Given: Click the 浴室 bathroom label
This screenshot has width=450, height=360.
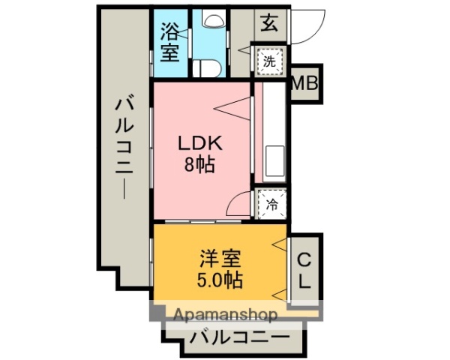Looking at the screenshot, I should point(170,43).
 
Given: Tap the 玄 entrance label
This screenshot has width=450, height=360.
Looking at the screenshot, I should point(269,22).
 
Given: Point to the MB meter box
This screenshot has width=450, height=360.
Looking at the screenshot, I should point(304,84).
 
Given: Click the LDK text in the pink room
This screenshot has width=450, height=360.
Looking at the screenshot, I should point(199,142).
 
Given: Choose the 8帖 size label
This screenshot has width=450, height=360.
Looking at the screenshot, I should point(199,164).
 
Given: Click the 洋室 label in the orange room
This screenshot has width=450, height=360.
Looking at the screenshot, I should point(219,259).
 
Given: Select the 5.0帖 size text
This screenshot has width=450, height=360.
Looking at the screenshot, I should point(219,281).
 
